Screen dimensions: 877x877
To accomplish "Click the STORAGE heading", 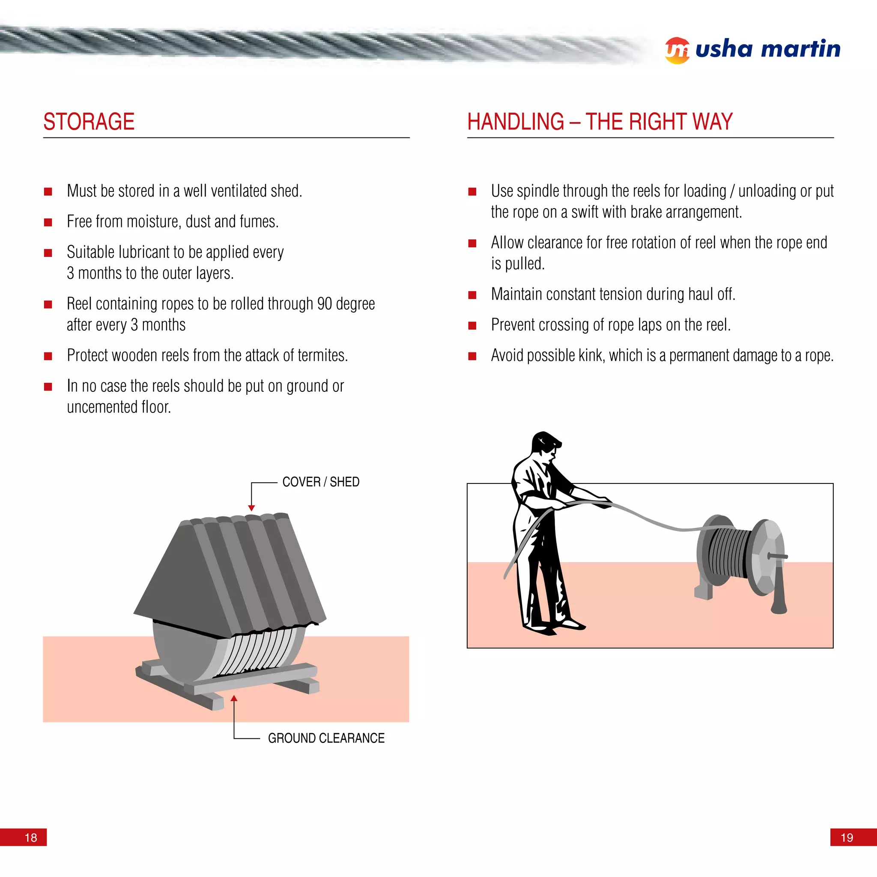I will click(89, 122).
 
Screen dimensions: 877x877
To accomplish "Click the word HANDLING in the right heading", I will click(515, 122).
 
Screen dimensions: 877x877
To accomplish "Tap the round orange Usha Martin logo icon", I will click(677, 51).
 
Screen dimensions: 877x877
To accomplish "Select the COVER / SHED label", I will click(320, 482).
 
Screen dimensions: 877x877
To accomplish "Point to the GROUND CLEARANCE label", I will click(326, 738).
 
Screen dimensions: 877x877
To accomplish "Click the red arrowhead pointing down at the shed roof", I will click(251, 508).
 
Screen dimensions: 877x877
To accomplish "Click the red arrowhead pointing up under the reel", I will click(234, 698).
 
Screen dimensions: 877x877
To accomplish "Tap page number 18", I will click(31, 838).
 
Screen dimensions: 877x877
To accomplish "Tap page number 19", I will click(847, 838).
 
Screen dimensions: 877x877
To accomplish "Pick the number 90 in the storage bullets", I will click(325, 304).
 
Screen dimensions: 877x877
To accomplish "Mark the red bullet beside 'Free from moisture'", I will click(48, 222).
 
